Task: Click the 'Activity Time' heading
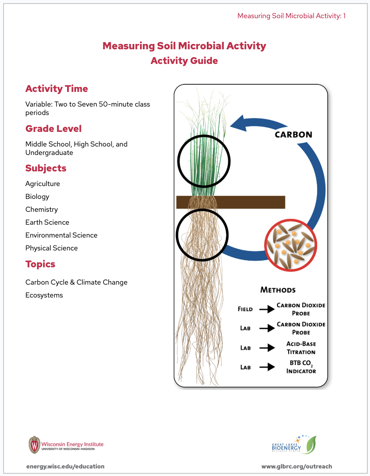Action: (56, 89)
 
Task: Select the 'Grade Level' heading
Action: (53, 129)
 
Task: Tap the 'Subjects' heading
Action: (46, 168)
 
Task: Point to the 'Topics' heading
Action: (40, 264)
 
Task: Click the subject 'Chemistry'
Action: (41, 209)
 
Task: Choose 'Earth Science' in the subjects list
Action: (47, 222)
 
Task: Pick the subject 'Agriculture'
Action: (43, 183)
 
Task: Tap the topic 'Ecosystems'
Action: (44, 295)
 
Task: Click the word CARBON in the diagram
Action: (293, 134)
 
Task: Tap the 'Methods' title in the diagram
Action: (278, 290)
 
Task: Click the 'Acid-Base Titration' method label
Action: (301, 348)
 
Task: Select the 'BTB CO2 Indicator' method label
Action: (301, 367)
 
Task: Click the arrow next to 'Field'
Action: (267, 309)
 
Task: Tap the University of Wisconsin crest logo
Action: (34, 444)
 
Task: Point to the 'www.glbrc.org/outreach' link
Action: (297, 466)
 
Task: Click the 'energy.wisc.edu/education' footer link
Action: (65, 466)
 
